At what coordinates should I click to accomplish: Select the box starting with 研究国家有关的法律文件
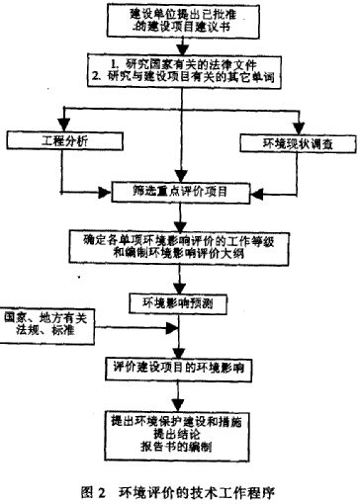180,75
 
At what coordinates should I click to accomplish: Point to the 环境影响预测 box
179,300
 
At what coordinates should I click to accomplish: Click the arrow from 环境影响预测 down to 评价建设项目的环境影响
179,336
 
